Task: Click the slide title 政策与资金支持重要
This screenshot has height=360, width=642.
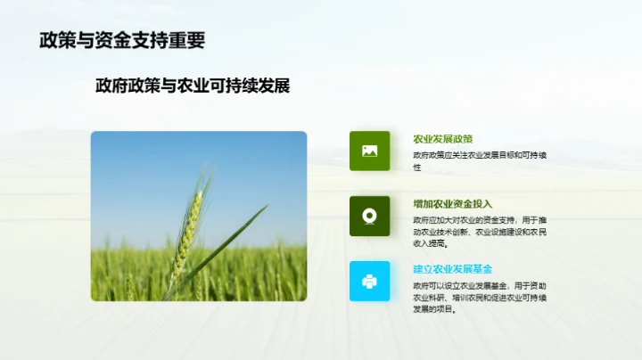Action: tap(121, 40)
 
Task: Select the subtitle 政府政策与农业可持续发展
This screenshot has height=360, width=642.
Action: tap(193, 86)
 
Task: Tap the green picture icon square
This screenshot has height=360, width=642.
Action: tap(369, 151)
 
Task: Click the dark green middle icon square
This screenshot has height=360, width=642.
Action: tap(369, 216)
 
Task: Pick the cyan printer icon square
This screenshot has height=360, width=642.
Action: tap(369, 281)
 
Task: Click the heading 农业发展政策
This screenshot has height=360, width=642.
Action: tap(442, 139)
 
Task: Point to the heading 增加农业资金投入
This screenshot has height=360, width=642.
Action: tap(453, 204)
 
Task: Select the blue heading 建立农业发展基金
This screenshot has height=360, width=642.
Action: tap(453, 269)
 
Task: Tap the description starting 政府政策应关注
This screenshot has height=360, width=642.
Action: tap(480, 160)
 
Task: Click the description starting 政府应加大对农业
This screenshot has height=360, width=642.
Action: tap(480, 231)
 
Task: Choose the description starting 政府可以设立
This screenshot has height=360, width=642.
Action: tap(480, 296)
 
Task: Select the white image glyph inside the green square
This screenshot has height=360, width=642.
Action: tap(369, 151)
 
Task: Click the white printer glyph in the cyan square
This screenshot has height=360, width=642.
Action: tap(369, 281)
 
